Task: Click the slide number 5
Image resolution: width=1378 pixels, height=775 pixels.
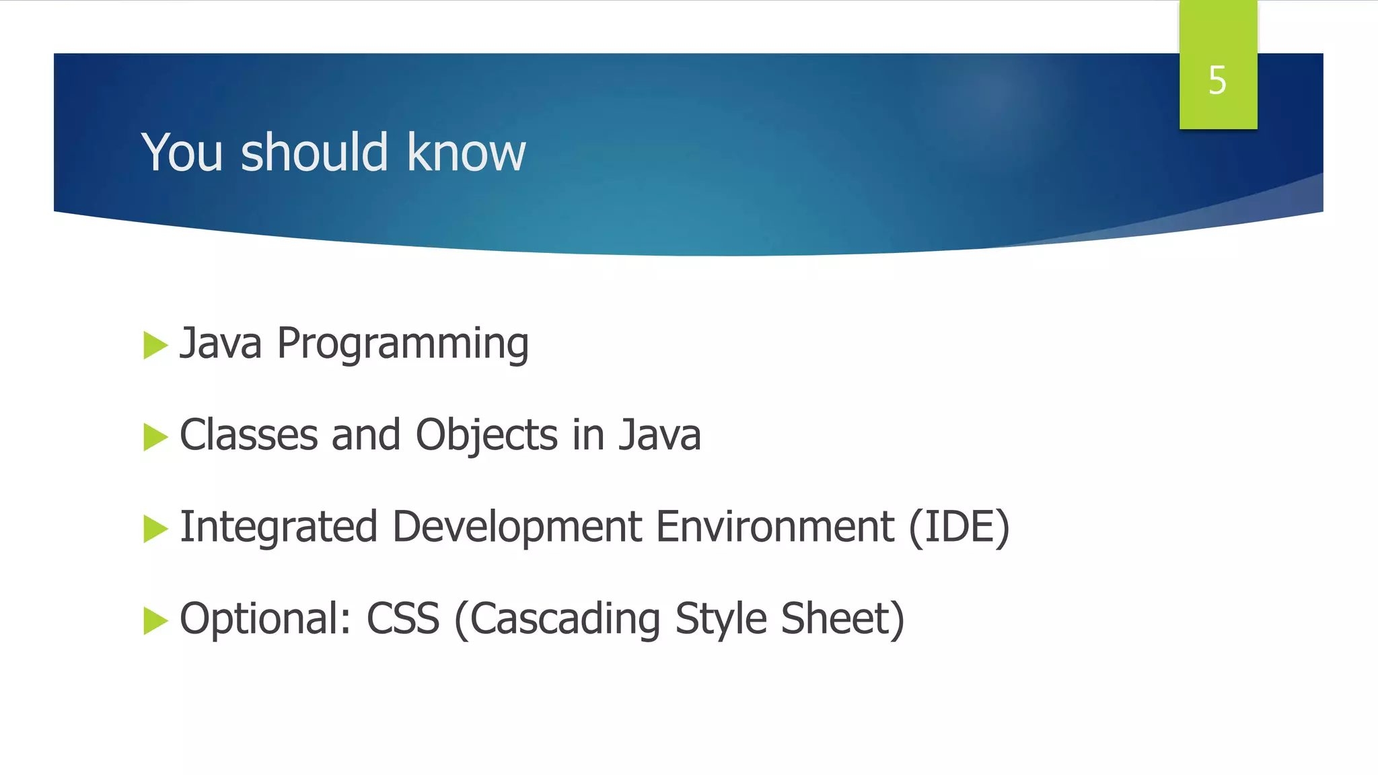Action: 1217,81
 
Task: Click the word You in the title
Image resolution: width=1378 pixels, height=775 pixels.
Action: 182,153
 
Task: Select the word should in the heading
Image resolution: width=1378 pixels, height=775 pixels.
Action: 314,153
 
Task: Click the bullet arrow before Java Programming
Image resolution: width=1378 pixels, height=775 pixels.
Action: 155,346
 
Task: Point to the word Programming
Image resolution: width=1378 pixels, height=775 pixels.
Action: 402,344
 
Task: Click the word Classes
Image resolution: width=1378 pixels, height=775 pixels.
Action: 248,435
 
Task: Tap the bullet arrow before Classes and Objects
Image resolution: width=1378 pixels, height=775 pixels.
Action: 155,437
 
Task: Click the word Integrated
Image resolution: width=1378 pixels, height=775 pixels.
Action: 279,527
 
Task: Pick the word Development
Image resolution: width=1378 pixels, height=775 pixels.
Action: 517,527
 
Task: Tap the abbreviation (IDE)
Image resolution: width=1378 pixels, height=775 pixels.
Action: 959,527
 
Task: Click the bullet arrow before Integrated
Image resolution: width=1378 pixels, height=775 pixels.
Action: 155,529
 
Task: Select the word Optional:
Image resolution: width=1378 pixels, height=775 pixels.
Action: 265,619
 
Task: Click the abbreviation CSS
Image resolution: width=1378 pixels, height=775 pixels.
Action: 402,619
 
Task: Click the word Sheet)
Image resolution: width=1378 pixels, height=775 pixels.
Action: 842,619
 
